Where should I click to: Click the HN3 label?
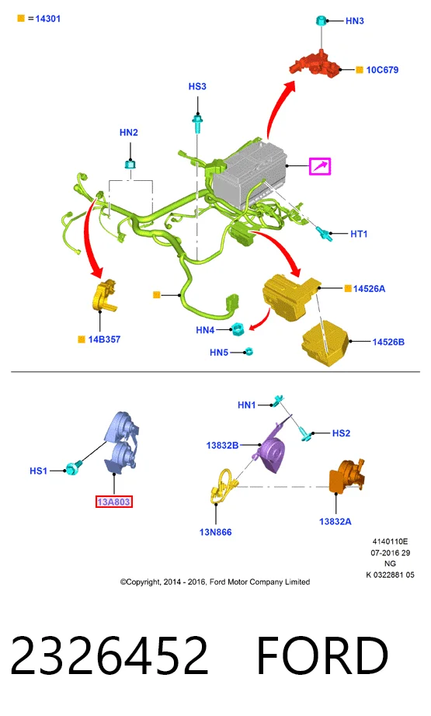coord(354,21)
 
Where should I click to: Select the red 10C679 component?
coord(315,64)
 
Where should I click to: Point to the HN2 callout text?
coord(128,133)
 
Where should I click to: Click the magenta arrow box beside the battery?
coord(320,166)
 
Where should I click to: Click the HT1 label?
coord(359,234)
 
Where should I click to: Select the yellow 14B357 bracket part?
coord(105,296)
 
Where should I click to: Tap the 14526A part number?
coord(369,289)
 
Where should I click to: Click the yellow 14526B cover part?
coord(325,343)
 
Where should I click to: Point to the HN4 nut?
coord(238,328)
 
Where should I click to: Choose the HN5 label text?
coord(219,353)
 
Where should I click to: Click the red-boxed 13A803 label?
coord(113,502)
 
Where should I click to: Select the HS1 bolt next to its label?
coord(73,467)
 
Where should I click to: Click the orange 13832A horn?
coord(346,476)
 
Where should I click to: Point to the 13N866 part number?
coord(216,532)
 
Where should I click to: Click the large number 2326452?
coord(109,655)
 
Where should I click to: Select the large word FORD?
coord(322,655)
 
